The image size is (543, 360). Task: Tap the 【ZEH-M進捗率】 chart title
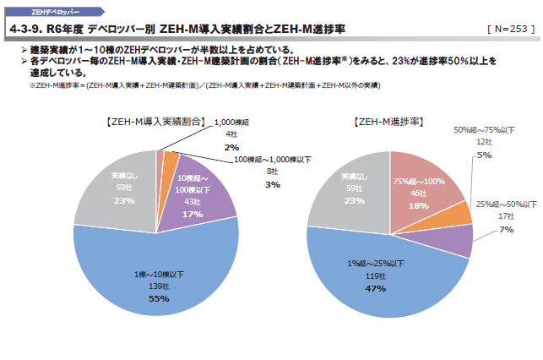coord(388,122)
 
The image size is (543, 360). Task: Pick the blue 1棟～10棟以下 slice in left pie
coord(152,270)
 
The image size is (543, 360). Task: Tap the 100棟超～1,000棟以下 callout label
coord(272,160)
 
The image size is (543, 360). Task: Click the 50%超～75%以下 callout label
coord(484,130)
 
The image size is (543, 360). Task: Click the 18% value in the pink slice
coord(419,205)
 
